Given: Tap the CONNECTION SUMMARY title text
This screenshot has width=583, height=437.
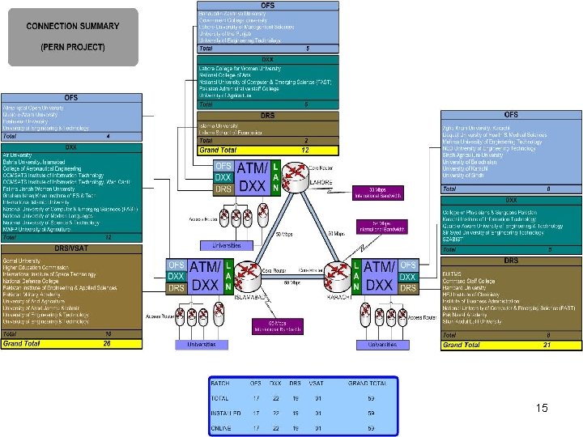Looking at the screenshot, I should click(73, 26).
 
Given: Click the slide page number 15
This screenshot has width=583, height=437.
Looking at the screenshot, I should click(542, 408).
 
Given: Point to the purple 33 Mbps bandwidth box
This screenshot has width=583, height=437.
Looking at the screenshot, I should click(380, 193).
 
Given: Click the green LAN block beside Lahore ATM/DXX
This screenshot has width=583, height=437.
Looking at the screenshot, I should click(275, 177).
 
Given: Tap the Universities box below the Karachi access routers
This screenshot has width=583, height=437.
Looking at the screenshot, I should click(383, 344).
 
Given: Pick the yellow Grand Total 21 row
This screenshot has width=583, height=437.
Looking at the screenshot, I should click(511, 345).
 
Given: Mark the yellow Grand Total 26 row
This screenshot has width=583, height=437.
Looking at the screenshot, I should click(71, 344).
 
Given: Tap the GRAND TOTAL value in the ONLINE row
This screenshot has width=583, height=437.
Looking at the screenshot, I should click(371, 428).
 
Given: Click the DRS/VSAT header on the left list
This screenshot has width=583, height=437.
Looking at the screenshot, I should click(71, 248).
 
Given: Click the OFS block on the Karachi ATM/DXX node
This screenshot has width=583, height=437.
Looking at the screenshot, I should click(409, 265).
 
